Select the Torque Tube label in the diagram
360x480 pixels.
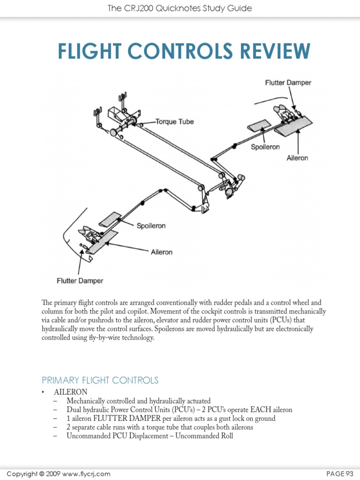(174, 121)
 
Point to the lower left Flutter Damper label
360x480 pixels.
(80, 281)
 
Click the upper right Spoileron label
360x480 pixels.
(265, 147)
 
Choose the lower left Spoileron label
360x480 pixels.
(150, 225)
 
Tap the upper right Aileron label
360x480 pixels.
(297, 158)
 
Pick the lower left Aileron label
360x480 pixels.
(161, 252)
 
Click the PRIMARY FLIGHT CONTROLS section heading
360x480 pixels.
(100, 380)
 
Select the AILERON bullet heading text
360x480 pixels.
(70, 392)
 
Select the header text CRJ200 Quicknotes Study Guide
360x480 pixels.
(187, 8)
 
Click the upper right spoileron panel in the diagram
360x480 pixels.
(258, 126)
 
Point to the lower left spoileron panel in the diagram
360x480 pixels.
(111, 218)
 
